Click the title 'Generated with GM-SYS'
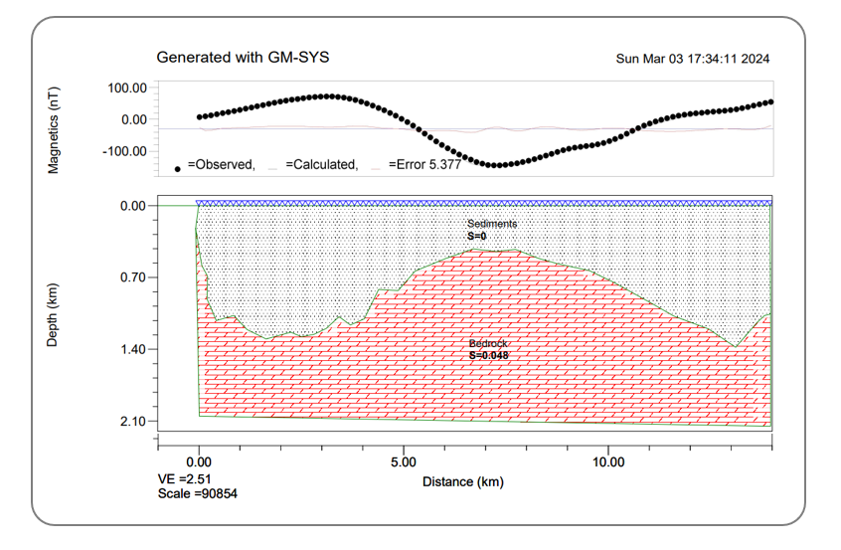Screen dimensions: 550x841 (x=243, y=58)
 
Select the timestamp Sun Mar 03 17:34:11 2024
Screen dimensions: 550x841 (x=693, y=59)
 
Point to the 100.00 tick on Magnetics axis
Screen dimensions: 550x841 (x=126, y=88)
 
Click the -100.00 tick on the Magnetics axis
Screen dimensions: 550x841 (x=123, y=151)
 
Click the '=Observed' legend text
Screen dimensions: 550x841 (x=221, y=165)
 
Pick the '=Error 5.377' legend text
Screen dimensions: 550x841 (x=423, y=165)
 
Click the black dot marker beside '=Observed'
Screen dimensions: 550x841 (x=177, y=168)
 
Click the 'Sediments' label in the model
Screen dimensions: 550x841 (x=492, y=225)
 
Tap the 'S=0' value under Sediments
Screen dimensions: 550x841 (x=476, y=237)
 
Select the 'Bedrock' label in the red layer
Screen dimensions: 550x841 (x=488, y=343)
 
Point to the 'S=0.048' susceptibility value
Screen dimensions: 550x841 (x=488, y=354)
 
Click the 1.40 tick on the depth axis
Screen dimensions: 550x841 (x=132, y=350)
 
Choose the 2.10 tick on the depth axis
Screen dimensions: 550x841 (x=132, y=422)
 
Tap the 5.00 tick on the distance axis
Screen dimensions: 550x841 (x=404, y=462)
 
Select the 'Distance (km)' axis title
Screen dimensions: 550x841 (x=462, y=482)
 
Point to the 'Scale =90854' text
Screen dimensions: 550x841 (x=197, y=493)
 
